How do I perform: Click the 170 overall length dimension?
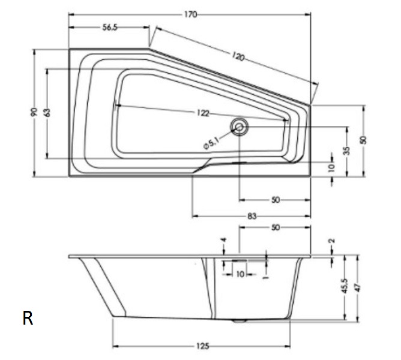[x=191, y=14]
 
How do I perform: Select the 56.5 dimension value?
[x=110, y=27]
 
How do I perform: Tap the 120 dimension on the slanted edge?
[x=238, y=56]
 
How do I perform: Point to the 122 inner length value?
[x=203, y=113]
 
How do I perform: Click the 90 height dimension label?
[x=34, y=112]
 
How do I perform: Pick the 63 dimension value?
[x=47, y=113]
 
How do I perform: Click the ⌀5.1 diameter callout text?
[x=211, y=143]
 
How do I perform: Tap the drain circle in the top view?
[x=240, y=127]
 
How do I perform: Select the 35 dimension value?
[x=346, y=151]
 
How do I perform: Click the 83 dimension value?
[x=252, y=217]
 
